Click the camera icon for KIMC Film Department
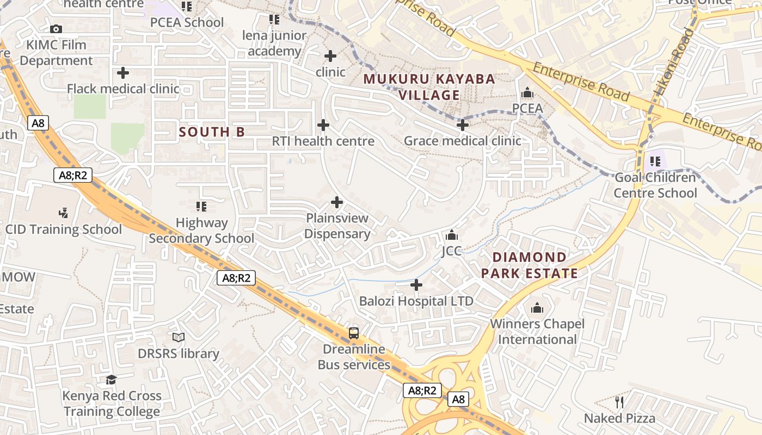56,29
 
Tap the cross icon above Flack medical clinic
123,72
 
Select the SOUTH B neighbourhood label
212,132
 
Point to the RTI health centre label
323,141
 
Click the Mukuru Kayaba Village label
429,87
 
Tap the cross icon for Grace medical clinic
462,126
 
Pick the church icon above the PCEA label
527,93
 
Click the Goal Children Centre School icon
655,161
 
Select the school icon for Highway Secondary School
201,207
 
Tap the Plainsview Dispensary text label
337,226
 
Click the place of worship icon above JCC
451,235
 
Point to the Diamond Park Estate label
529,265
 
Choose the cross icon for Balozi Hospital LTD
416,285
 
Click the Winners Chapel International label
537,332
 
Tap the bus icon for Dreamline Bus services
354,333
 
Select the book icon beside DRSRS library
179,338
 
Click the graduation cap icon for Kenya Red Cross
112,380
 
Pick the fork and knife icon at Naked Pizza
619,402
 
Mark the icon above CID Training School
64,213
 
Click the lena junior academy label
274,43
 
